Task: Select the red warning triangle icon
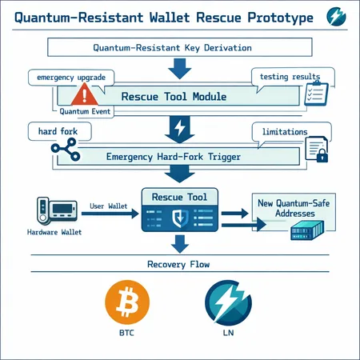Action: tap(82, 96)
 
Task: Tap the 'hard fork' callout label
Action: tap(50, 129)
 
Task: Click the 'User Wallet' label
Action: tap(110, 206)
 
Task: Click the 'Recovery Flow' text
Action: tap(179, 263)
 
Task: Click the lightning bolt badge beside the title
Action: tap(337, 18)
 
